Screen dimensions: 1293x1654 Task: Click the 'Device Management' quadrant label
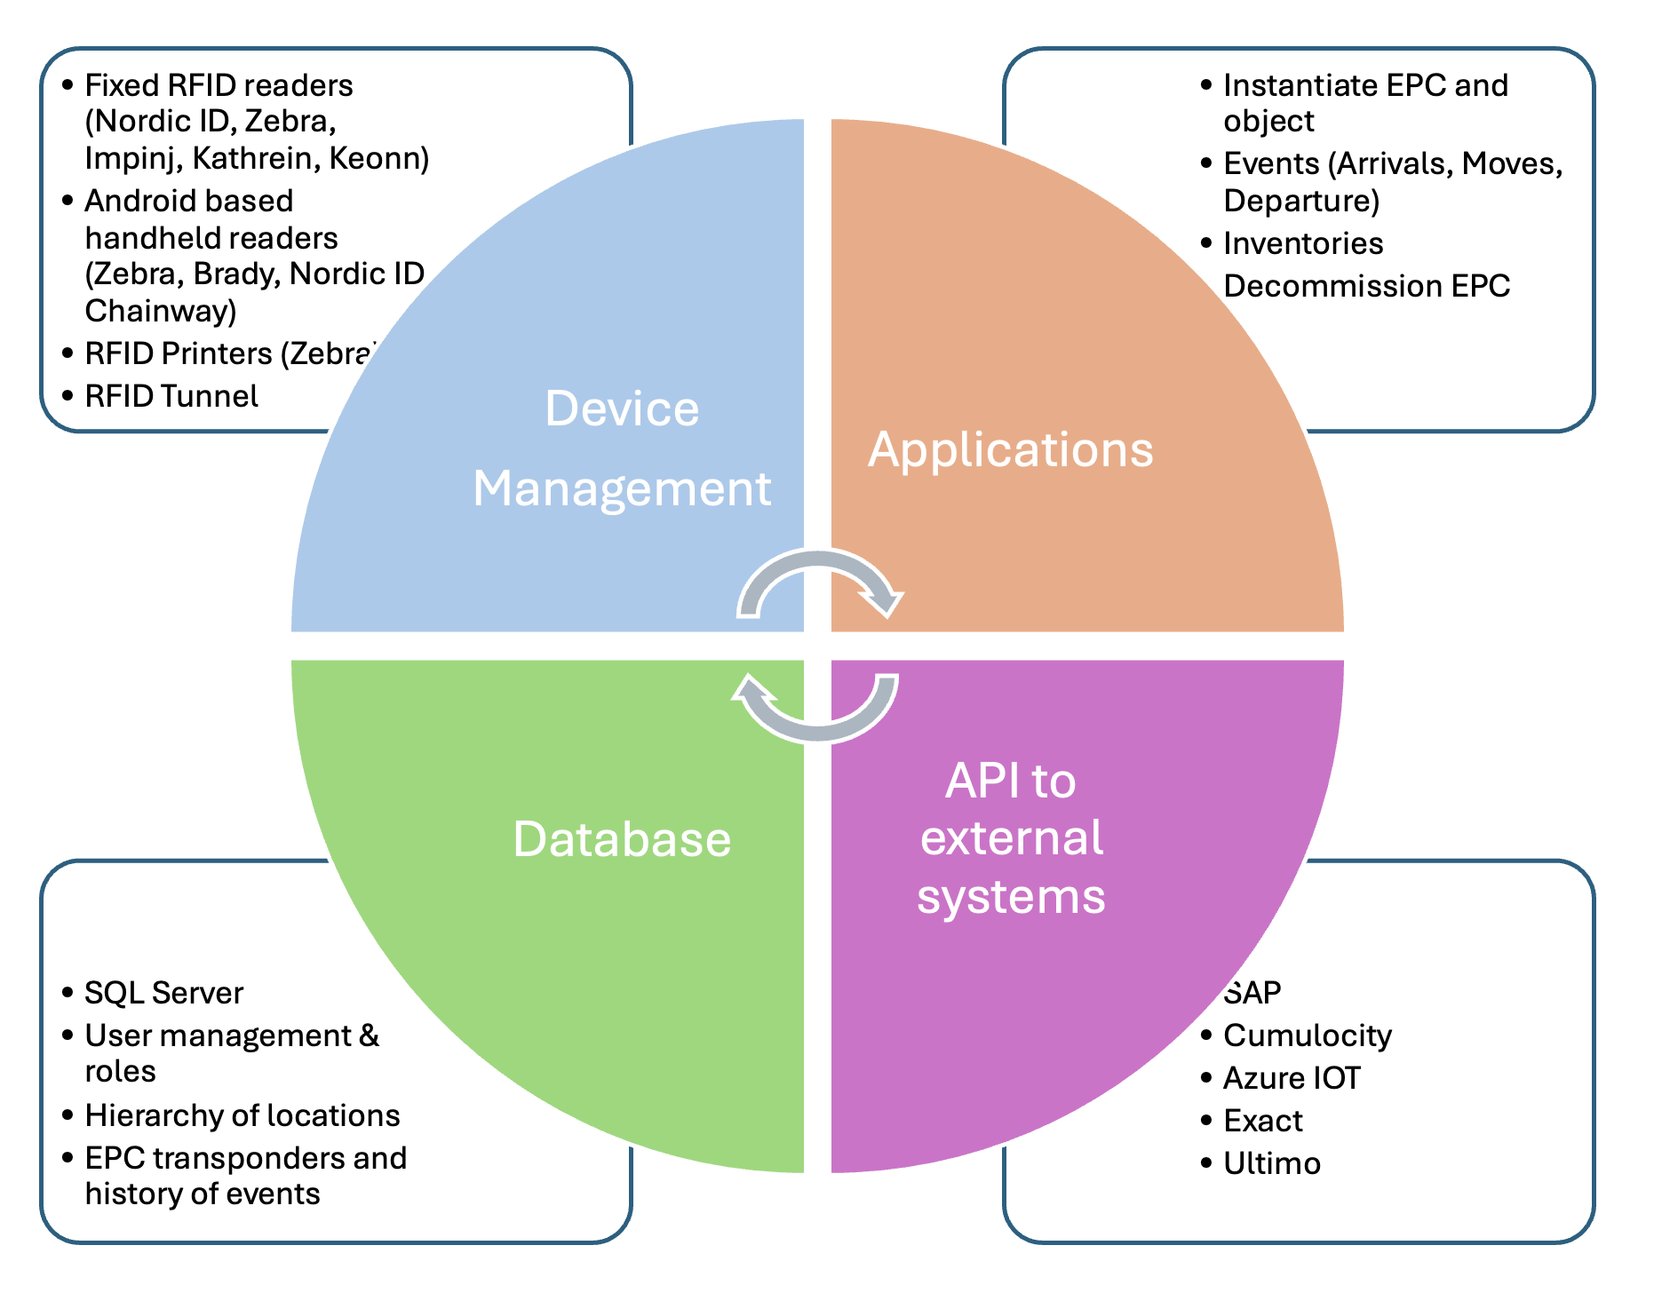(x=622, y=448)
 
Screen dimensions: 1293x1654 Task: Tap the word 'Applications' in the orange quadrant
(x=1010, y=449)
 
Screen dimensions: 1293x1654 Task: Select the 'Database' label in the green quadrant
(x=622, y=839)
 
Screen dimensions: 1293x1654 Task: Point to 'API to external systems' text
(x=1011, y=838)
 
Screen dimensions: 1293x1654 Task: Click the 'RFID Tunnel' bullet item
(x=171, y=396)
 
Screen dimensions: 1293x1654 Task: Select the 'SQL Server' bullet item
(x=163, y=993)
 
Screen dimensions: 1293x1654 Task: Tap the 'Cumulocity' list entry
(x=1307, y=1035)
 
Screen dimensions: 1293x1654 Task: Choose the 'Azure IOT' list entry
(x=1291, y=1078)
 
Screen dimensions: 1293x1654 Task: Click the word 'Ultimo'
(x=1271, y=1163)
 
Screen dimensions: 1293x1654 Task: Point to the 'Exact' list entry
(x=1262, y=1121)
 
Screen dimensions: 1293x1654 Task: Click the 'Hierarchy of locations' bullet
(x=242, y=1115)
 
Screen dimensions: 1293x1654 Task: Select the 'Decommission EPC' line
(x=1366, y=286)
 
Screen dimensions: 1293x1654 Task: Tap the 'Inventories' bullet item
(x=1302, y=243)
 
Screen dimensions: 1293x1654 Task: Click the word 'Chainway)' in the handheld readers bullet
(x=161, y=311)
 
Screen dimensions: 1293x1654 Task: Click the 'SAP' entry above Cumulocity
(x=1252, y=993)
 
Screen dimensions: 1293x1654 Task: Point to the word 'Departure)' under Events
(x=1301, y=201)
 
